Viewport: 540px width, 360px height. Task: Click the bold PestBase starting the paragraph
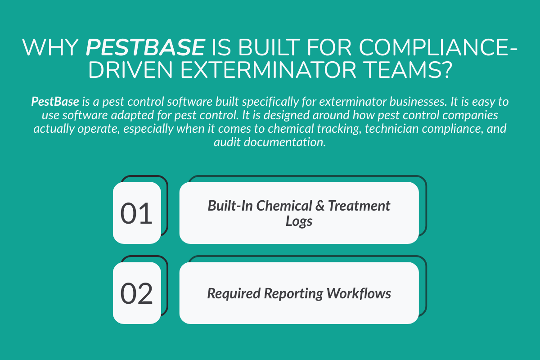[x=51, y=102]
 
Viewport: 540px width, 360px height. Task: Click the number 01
[x=136, y=214]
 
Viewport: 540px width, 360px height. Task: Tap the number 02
[x=136, y=294]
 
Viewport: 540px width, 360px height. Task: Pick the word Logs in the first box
[x=299, y=221]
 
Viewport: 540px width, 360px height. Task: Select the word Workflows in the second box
[x=359, y=294]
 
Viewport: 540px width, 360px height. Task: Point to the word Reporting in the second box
[x=293, y=294]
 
